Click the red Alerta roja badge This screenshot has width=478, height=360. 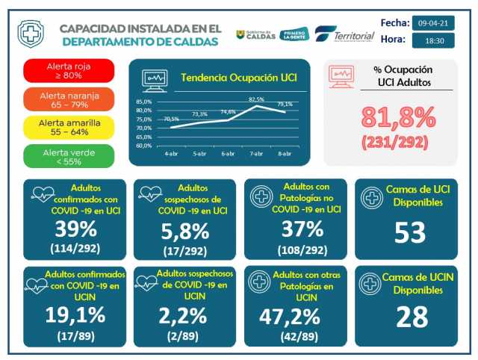68,70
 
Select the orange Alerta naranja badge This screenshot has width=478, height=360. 68,99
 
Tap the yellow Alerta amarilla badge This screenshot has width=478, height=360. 68,127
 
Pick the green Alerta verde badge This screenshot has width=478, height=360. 68,156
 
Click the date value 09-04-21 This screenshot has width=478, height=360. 433,23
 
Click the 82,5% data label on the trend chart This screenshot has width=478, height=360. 257,99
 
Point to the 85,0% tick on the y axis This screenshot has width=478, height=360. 144,102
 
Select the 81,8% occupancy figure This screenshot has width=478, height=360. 398,117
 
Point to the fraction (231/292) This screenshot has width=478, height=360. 398,140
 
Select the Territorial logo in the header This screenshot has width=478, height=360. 344,34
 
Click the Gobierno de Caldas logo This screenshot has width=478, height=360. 256,34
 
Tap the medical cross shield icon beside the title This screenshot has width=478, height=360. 31,34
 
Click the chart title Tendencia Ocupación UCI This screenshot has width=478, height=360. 229,78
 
